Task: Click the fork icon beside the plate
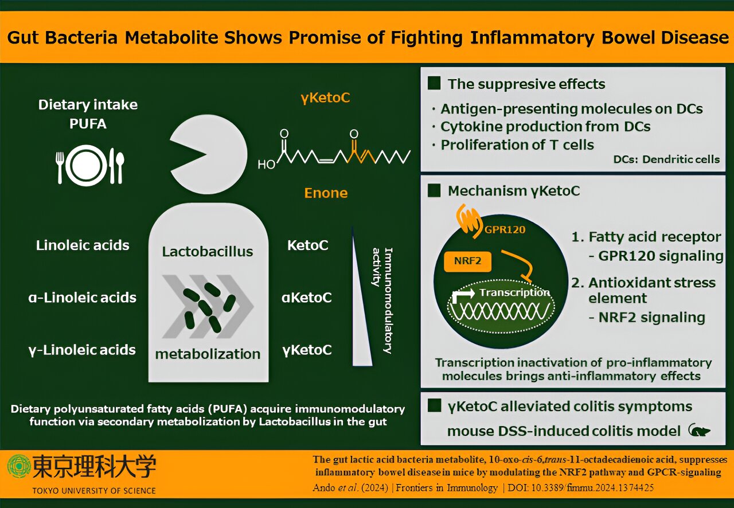click(60, 167)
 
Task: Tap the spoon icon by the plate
click(120, 167)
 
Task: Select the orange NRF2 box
click(467, 261)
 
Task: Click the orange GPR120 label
click(505, 229)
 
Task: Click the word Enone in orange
click(326, 193)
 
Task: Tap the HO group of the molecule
click(266, 164)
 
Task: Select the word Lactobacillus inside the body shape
click(208, 252)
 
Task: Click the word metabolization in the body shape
click(208, 354)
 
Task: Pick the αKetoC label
click(307, 298)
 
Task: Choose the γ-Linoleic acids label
click(82, 350)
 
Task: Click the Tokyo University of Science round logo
click(19, 466)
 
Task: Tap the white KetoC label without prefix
click(308, 245)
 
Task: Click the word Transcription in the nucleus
click(514, 292)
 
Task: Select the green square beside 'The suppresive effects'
click(434, 83)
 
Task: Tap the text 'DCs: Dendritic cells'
click(666, 159)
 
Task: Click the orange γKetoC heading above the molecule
click(325, 98)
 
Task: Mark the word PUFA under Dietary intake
click(88, 124)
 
